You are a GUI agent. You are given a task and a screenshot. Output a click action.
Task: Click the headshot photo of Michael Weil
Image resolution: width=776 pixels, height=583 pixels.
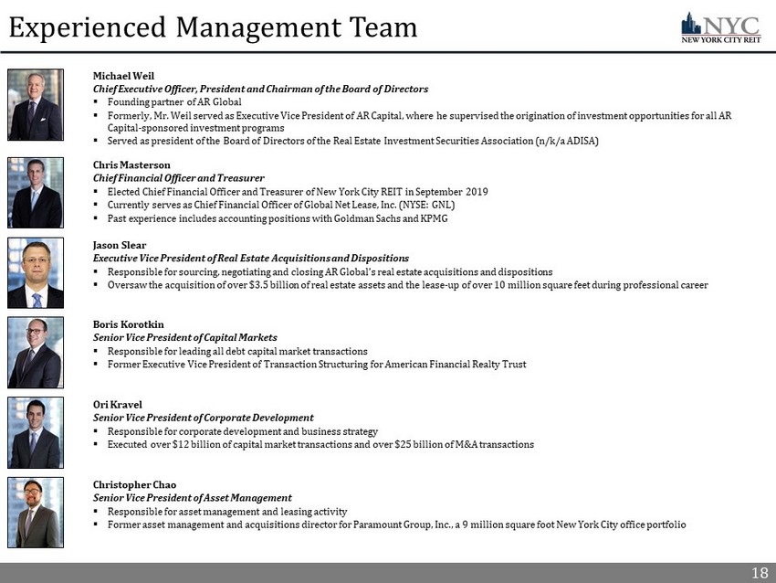(36, 104)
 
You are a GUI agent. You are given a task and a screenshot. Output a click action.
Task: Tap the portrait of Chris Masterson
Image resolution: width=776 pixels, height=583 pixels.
(36, 193)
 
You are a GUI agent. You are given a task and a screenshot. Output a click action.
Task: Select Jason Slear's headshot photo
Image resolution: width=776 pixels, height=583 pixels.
(36, 272)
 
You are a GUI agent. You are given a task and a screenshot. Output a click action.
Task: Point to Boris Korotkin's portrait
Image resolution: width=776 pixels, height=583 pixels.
(36, 353)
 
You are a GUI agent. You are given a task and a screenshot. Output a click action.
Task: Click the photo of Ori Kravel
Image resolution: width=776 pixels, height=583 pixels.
(36, 432)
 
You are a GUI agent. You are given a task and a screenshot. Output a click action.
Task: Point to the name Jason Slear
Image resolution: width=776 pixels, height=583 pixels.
(120, 245)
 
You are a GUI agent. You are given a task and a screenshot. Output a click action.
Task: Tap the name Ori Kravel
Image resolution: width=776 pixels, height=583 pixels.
(117, 404)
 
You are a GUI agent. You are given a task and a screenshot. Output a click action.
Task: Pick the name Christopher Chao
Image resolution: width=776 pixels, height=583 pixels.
(134, 484)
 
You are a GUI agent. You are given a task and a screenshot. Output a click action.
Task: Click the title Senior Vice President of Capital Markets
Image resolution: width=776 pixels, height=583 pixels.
(184, 337)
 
